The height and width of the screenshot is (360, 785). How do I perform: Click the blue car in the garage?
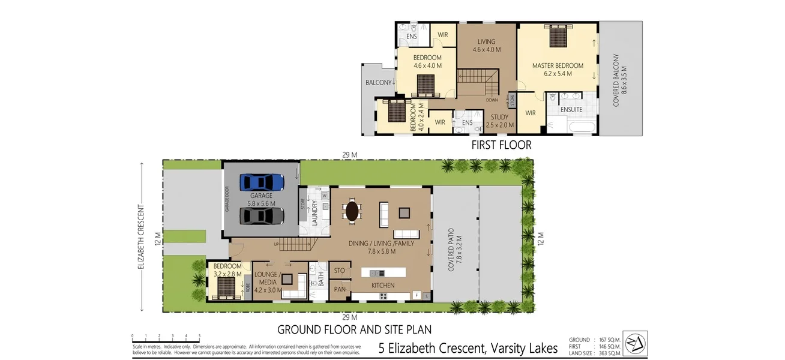(x=261, y=182)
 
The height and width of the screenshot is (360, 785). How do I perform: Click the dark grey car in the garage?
(x=261, y=215)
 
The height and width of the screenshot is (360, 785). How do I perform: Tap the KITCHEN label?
(x=382, y=285)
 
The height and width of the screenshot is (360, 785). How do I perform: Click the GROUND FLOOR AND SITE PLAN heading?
(x=354, y=329)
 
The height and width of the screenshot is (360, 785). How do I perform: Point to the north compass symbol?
(x=634, y=343)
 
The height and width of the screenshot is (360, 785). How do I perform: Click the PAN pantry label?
(x=340, y=289)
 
